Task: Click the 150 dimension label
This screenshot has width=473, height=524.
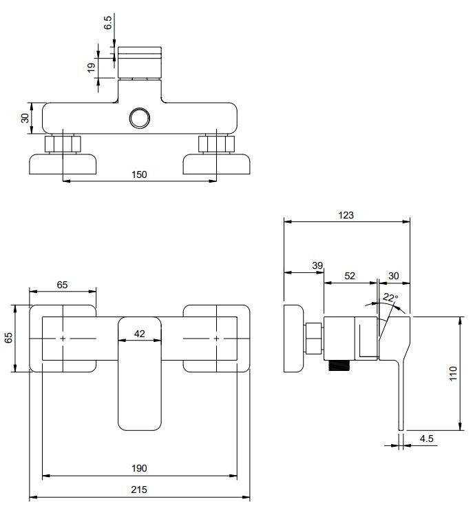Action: point(139,174)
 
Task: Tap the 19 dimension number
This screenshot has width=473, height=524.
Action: point(91,68)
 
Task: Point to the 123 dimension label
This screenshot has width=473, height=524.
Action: point(346,215)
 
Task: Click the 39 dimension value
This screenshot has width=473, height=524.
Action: point(317,266)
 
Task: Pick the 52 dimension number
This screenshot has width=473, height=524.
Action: point(350,275)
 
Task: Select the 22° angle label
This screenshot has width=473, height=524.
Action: point(390,298)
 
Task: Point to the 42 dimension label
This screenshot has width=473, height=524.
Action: point(139,334)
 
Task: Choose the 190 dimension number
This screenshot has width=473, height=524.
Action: point(139,468)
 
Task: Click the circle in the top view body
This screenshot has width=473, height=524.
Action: point(140,119)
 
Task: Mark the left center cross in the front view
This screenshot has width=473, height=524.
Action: point(63,339)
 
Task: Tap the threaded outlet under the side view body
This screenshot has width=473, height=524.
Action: point(339,366)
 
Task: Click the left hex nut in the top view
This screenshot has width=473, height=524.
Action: point(63,145)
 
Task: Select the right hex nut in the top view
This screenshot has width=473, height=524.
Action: point(216,145)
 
